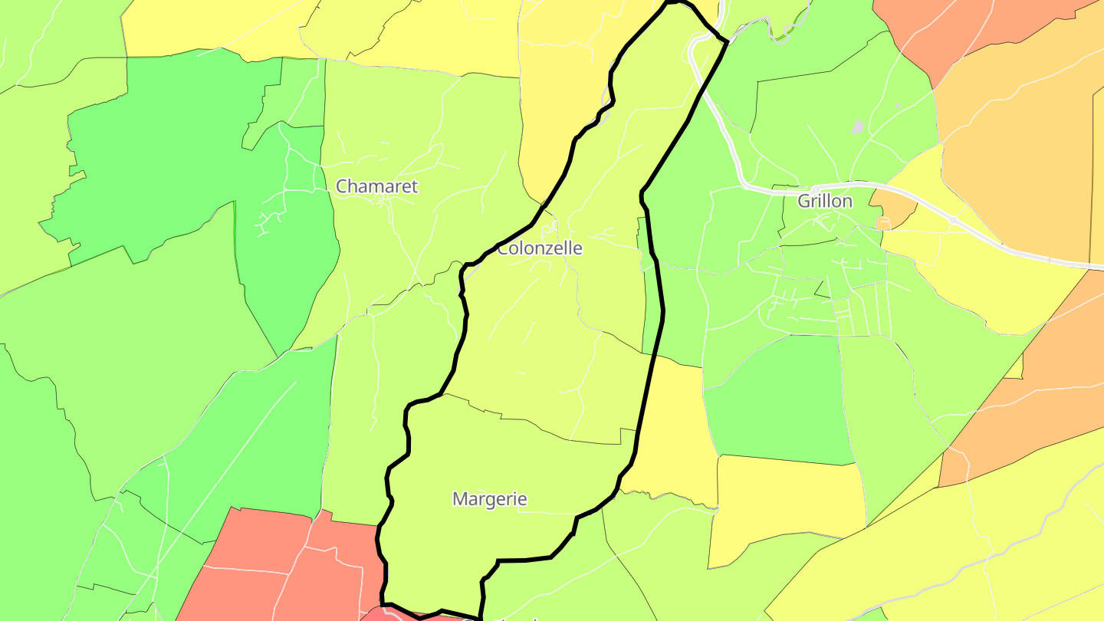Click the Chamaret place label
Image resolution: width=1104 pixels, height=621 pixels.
click(x=376, y=186)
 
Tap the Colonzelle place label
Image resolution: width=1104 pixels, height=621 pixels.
click(x=540, y=248)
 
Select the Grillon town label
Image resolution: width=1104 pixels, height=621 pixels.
click(x=825, y=201)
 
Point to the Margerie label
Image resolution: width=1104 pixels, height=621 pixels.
click(x=489, y=499)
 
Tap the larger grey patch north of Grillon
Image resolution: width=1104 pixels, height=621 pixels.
click(x=858, y=127)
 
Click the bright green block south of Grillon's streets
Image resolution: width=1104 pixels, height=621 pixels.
click(x=774, y=399)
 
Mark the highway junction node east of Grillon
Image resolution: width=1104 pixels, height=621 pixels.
click(x=951, y=221)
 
